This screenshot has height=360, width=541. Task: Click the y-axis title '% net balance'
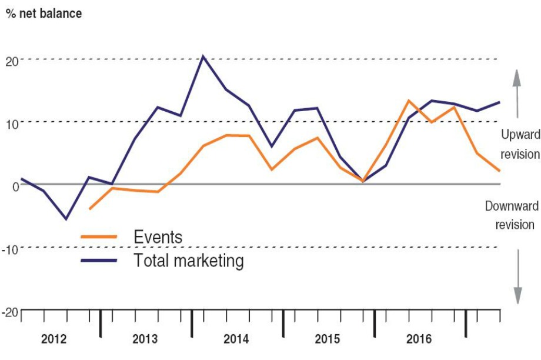pyautogui.click(x=44, y=13)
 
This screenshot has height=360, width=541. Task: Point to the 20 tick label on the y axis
pyautogui.click(x=12, y=60)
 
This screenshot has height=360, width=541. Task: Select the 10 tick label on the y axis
pyautogui.click(x=12, y=122)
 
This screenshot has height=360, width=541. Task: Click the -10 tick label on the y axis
pyautogui.click(x=11, y=248)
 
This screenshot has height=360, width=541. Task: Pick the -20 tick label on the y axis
pyautogui.click(x=11, y=311)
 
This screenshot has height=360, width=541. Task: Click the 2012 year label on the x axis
pyautogui.click(x=54, y=339)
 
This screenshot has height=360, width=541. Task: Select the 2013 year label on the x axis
pyautogui.click(x=145, y=339)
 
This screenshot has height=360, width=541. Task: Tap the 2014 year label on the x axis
pyautogui.click(x=236, y=339)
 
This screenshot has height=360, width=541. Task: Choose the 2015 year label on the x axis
pyautogui.click(x=328, y=339)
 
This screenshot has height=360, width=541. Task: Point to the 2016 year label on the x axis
pyautogui.click(x=419, y=339)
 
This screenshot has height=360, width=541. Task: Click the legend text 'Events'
pyautogui.click(x=158, y=238)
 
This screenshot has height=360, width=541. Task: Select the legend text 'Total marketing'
pyautogui.click(x=189, y=260)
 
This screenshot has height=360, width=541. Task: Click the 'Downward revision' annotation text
pyautogui.click(x=510, y=215)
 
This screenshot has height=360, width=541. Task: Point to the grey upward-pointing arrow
pyautogui.click(x=517, y=93)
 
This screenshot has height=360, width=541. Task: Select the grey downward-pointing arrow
pyautogui.click(x=517, y=276)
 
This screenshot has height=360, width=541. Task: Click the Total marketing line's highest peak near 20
pyautogui.click(x=203, y=56)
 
